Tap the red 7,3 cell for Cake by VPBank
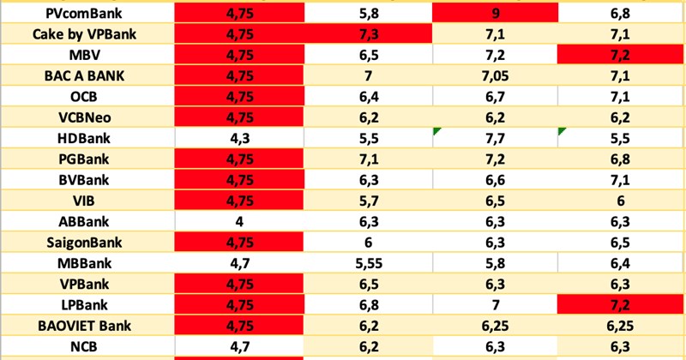pyautogui.click(x=366, y=35)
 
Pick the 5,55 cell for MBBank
pyautogui.click(x=366, y=262)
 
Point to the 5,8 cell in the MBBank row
pyautogui.click(x=495, y=262)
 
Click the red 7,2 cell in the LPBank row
pyautogui.click(x=619, y=304)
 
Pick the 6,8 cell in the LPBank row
pyautogui.click(x=366, y=304)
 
